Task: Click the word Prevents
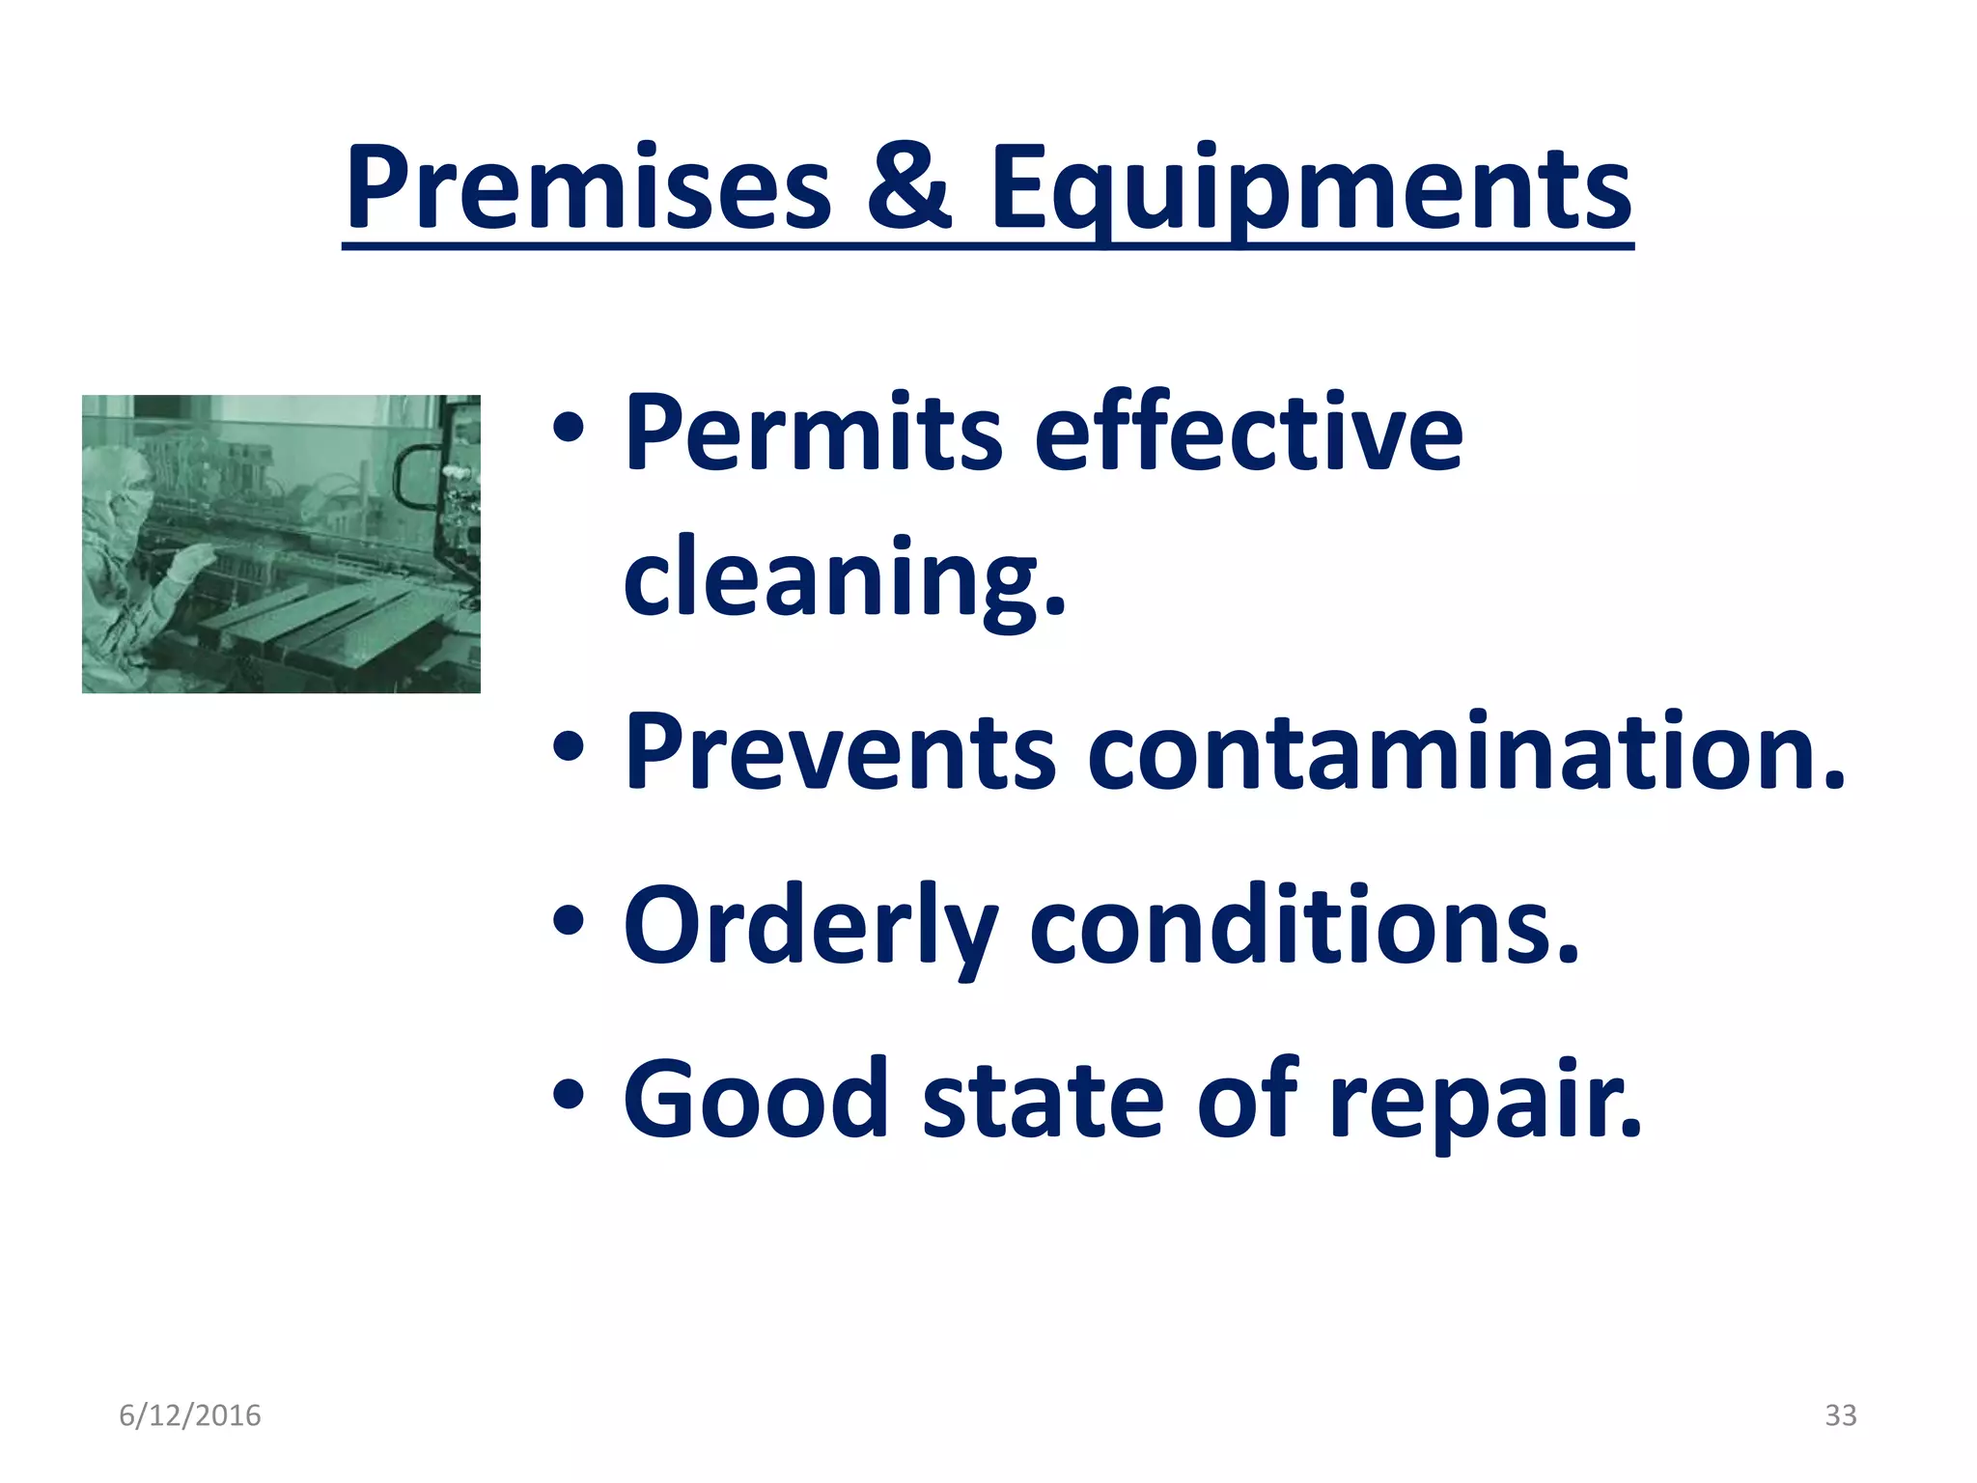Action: tap(839, 751)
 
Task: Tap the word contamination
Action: tap(1465, 751)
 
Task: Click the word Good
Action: tap(755, 1099)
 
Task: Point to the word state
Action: tap(1043, 1099)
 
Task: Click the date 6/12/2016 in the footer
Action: tap(189, 1415)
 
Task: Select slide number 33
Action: tap(1840, 1415)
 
